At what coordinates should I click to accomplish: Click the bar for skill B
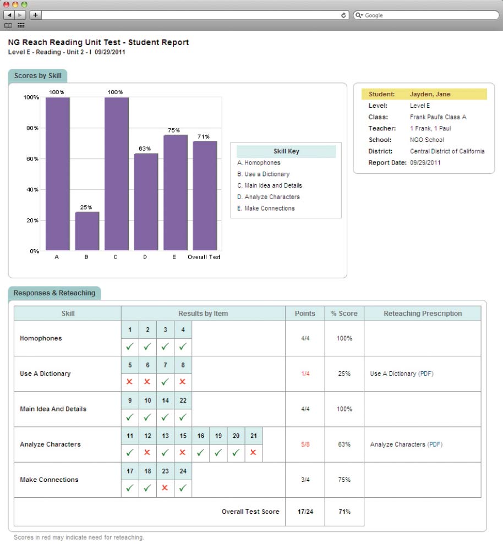pos(86,231)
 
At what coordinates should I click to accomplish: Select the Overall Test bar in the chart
pos(205,195)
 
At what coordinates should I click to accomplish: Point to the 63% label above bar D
pos(145,149)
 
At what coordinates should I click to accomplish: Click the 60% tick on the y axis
pos(32,159)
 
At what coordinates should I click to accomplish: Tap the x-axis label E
pos(174,257)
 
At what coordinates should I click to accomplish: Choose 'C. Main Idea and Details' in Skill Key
pos(270,185)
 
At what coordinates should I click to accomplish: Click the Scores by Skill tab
pos(37,76)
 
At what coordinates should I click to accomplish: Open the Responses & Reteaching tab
pos(54,293)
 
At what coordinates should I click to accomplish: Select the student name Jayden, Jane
pos(430,94)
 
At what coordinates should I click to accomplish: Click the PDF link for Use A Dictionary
pos(426,373)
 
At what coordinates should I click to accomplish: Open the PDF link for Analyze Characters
pos(435,444)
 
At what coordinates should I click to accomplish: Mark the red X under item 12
pos(147,453)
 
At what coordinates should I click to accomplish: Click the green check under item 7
pos(165,382)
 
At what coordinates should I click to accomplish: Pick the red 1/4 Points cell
pos(305,373)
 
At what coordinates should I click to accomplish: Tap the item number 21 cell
pos(253,436)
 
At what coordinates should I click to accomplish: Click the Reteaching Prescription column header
pos(422,314)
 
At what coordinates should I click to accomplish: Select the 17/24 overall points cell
pos(305,512)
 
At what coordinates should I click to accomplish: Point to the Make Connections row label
pos(49,480)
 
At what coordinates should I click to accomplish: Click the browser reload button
pos(344,15)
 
